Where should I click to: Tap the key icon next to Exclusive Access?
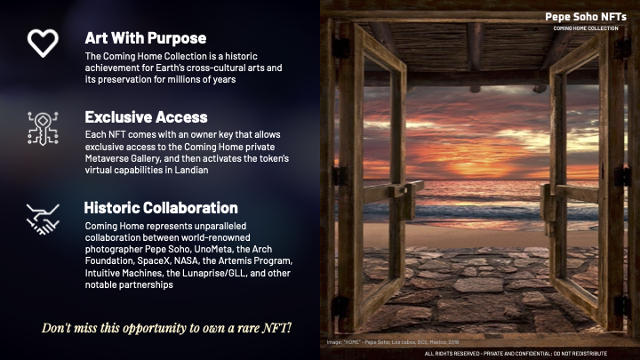(43, 128)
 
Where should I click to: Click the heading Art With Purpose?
(145, 38)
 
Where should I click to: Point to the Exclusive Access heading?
(146, 117)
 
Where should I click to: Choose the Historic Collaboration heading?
(160, 208)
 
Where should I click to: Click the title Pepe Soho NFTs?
(584, 16)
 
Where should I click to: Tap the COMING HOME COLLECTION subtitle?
(585, 28)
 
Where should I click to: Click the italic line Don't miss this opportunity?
(167, 327)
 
